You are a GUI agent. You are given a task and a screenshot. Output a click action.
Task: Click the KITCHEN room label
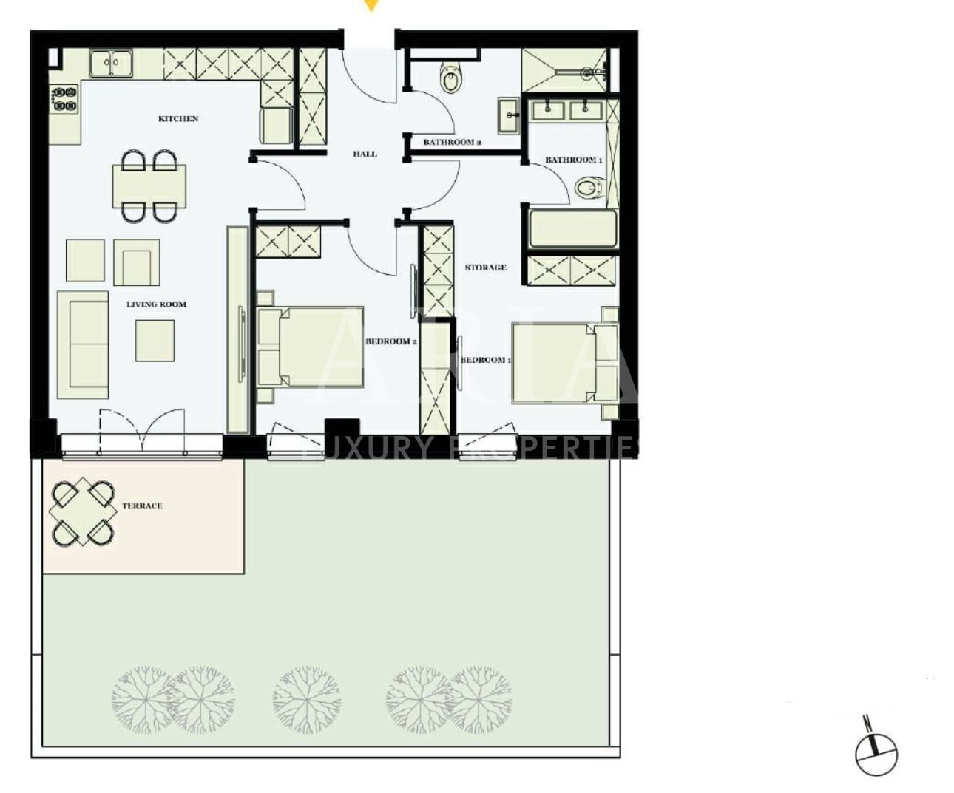point(178,118)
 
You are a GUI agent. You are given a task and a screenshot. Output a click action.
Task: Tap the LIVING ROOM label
point(156,304)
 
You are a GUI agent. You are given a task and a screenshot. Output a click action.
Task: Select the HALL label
point(365,154)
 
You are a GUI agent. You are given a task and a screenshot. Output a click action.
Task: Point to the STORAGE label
point(486,267)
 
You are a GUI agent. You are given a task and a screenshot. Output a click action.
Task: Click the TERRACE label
point(142,506)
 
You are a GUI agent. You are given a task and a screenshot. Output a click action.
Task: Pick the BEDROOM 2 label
point(392,341)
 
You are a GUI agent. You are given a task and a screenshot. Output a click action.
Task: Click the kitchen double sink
point(110,63)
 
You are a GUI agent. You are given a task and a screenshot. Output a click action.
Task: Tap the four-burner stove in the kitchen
point(64,99)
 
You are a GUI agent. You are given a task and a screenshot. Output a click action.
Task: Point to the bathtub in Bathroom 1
point(572,229)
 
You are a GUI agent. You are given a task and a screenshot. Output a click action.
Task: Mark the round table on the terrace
point(82,511)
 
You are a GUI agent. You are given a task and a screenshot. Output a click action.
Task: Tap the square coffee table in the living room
point(155,341)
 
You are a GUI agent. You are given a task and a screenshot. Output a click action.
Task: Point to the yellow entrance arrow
point(371,6)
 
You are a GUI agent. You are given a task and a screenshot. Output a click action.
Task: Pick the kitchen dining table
point(149,186)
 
